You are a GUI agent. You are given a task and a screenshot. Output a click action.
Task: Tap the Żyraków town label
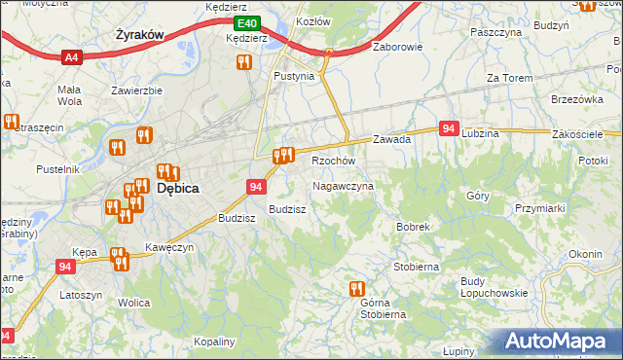137,34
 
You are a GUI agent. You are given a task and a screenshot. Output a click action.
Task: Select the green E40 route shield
247,22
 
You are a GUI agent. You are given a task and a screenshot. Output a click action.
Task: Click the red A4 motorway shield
70,58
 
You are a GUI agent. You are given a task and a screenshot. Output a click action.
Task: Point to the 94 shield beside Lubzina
449,128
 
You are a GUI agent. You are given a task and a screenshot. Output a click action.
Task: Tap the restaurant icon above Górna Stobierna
356,289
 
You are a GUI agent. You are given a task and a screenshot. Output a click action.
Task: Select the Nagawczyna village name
343,186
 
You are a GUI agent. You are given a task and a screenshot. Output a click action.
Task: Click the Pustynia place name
294,76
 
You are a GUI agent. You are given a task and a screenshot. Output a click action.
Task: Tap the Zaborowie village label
396,46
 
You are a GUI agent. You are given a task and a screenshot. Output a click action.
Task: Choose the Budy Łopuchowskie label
494,287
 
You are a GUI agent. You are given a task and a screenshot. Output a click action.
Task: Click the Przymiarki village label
541,208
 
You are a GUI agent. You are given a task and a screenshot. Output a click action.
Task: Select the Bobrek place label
413,227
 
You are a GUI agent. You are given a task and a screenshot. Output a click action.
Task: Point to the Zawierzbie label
136,90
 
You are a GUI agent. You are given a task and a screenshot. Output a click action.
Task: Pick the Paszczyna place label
495,32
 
